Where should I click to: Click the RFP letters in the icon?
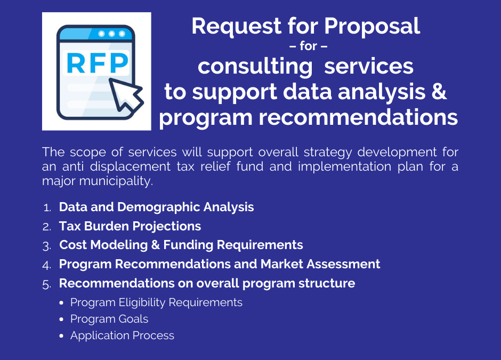point(98,63)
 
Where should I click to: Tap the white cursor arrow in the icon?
point(125,95)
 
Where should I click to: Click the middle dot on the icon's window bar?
point(111,34)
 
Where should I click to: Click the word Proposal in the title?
point(372,26)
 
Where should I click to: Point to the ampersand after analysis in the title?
point(439,91)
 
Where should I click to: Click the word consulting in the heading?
point(255,67)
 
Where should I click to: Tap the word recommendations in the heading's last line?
point(358,117)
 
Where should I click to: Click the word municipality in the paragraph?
point(116,181)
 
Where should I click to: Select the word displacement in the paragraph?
point(130,166)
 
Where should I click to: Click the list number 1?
point(47,208)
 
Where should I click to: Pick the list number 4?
point(47,265)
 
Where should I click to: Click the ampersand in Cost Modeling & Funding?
point(155,245)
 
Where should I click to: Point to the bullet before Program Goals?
point(61,319)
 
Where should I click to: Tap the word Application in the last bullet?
point(100,335)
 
